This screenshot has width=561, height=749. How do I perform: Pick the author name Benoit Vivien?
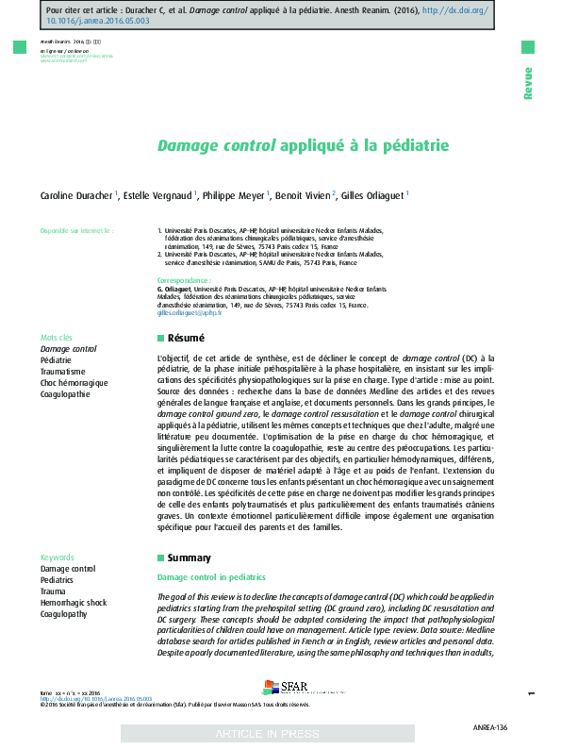coord(302,195)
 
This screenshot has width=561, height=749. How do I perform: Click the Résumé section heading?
coord(186,338)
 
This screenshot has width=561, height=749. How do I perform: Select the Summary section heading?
coord(189,558)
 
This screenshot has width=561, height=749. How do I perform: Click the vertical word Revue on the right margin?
coord(528,83)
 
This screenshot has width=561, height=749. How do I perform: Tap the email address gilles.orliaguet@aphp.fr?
coord(190,312)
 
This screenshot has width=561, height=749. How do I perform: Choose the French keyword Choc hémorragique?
coord(74,383)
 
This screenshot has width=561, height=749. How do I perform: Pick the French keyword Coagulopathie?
coord(66,394)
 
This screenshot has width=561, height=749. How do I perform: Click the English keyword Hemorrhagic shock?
coord(74,603)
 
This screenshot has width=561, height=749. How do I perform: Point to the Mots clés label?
coord(57,338)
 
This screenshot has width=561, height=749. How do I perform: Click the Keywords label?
coord(58,558)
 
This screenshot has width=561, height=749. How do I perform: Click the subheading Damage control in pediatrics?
coord(211,577)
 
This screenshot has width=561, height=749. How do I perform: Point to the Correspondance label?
coord(184,281)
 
